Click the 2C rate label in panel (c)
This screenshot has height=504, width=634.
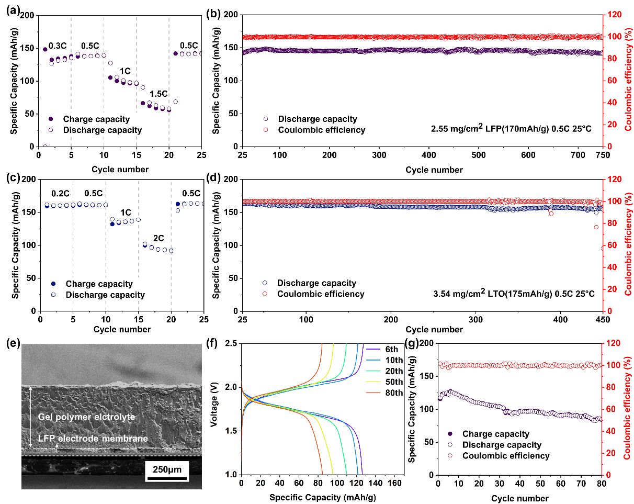(158, 238)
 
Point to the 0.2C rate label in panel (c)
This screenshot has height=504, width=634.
(61, 193)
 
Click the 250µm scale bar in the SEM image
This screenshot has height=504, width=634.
(167, 469)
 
